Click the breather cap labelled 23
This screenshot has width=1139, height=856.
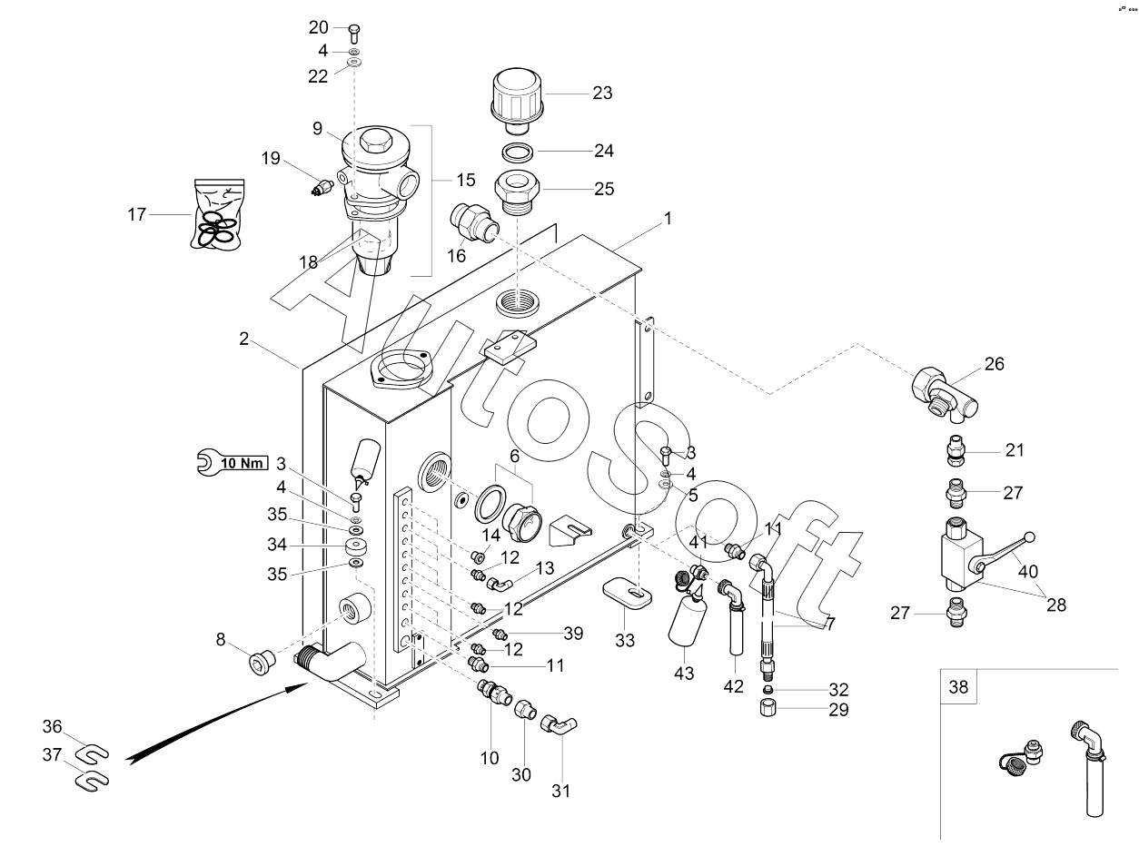point(516,99)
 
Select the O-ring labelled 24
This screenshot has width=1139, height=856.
point(518,153)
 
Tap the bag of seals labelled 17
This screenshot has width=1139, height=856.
point(218,214)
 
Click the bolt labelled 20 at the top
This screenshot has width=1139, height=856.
point(353,33)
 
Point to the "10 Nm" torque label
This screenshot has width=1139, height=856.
point(243,462)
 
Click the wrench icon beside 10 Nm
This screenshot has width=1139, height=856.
point(209,462)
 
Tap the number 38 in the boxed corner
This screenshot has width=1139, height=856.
point(958,686)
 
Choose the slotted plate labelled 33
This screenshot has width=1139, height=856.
point(628,593)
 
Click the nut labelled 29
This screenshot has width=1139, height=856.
point(768,708)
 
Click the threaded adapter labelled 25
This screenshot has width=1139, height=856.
point(518,193)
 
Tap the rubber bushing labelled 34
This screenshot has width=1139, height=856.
point(356,546)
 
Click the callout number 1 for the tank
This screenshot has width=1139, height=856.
point(668,219)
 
